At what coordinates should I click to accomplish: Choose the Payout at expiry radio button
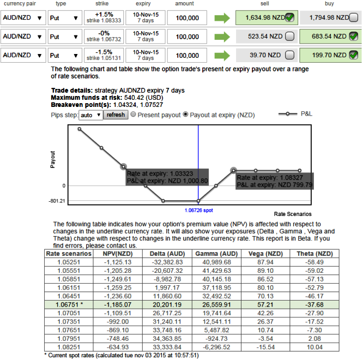click(186, 115)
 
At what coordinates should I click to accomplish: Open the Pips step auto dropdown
click(90, 115)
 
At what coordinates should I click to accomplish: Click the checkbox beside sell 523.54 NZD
click(289, 37)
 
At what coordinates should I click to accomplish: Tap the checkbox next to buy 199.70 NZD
click(353, 55)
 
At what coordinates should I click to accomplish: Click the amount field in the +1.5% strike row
click(187, 18)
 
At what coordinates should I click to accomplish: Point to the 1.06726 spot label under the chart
click(198, 209)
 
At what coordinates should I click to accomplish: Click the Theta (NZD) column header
click(314, 254)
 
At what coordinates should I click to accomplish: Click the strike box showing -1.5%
click(101, 55)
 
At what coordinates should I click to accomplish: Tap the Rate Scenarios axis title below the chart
click(293, 214)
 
